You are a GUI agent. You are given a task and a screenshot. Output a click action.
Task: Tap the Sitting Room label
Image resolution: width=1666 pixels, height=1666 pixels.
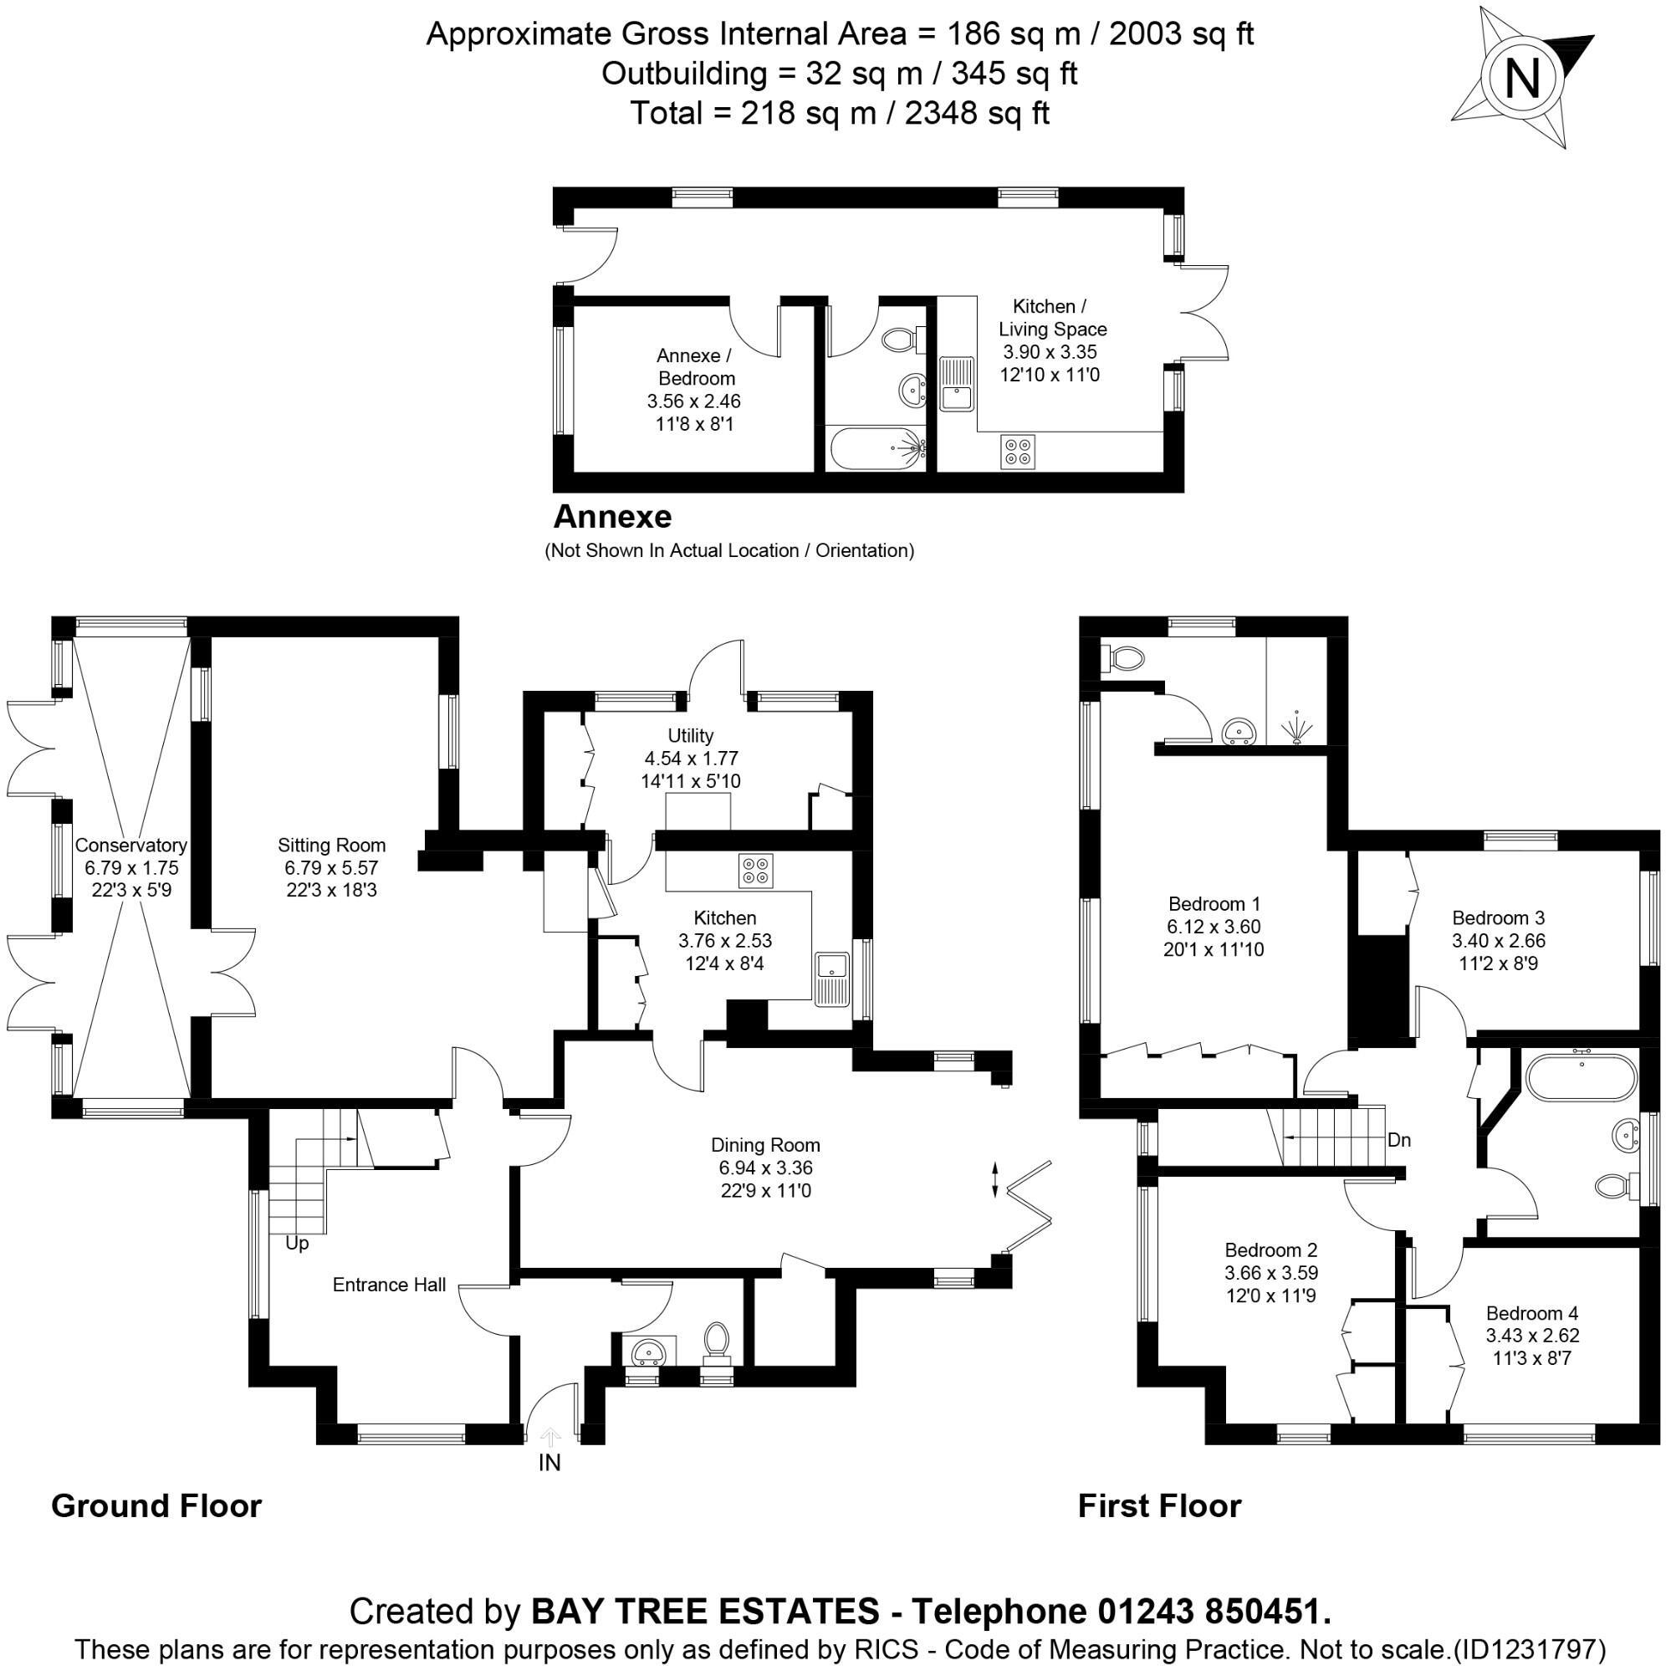point(331,845)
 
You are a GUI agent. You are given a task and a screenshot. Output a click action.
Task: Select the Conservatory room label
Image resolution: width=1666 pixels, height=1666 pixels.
point(130,845)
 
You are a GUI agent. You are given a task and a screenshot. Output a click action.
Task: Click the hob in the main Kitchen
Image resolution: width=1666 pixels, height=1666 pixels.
point(756,870)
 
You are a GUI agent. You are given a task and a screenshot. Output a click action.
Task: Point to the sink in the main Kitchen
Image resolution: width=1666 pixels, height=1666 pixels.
point(832,979)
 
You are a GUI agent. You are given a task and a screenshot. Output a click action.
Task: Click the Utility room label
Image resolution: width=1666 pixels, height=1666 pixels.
point(691,735)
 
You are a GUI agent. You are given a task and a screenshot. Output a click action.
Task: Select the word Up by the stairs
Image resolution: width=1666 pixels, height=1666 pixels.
point(297,1244)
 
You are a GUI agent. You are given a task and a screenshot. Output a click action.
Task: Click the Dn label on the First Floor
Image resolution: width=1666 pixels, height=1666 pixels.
point(1399,1140)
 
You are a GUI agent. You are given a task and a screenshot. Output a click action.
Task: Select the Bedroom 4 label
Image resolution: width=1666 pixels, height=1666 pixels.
point(1532,1313)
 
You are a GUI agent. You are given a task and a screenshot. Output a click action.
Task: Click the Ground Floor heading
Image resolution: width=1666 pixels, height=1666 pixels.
point(156,1506)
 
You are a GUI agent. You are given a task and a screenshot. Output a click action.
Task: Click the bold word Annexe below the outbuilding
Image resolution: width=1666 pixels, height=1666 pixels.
point(612,517)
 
